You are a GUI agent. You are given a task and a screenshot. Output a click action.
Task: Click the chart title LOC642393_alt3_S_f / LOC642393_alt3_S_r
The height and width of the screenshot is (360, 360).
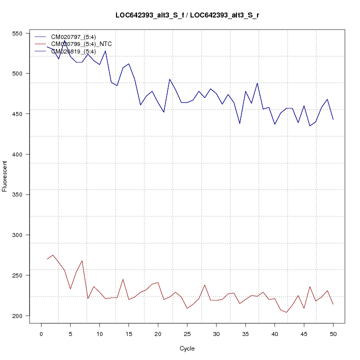click(x=187, y=15)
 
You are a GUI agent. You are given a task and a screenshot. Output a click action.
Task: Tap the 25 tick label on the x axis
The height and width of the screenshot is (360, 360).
click(x=187, y=334)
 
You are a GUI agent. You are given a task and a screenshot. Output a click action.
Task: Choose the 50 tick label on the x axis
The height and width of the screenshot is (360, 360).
click(x=333, y=334)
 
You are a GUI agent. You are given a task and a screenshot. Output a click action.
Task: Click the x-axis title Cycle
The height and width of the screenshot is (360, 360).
click(x=187, y=348)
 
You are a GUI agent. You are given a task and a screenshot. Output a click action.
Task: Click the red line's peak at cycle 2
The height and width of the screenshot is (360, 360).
click(x=52, y=255)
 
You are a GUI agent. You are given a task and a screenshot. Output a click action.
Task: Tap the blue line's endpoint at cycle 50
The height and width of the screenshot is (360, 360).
click(x=333, y=119)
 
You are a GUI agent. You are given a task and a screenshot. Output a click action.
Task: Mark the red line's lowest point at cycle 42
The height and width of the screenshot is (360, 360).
click(x=286, y=312)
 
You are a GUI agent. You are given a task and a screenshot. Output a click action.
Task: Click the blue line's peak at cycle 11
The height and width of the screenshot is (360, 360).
click(x=105, y=50)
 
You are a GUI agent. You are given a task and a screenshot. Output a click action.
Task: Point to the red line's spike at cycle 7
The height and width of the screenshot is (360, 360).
click(x=82, y=260)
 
